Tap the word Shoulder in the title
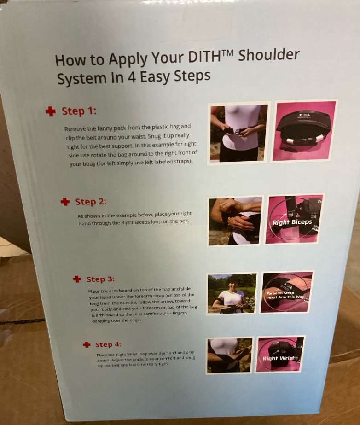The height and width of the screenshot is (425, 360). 269,55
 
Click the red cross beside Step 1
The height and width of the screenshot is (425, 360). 51,111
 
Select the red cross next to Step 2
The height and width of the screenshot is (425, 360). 65,201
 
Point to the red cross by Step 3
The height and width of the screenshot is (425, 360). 77,279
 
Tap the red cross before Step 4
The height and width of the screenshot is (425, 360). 87,344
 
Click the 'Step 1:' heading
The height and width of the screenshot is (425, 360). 79,111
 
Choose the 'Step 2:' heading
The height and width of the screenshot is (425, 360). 91,202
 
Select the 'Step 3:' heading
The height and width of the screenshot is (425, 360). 100,279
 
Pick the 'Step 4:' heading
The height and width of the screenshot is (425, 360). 108,344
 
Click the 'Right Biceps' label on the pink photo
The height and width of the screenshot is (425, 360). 292,222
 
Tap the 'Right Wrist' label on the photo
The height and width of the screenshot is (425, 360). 279,358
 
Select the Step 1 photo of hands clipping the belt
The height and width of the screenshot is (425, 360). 238,134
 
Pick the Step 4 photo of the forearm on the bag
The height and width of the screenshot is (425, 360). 230,355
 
